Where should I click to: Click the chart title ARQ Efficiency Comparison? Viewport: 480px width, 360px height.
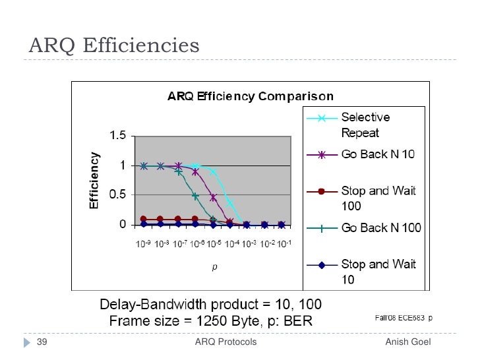click(249, 97)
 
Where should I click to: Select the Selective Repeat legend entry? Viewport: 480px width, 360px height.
click(365, 124)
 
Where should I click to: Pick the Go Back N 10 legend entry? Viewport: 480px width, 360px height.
click(377, 154)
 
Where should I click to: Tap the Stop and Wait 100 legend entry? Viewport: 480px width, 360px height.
click(378, 198)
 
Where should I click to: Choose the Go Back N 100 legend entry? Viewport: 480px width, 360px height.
click(380, 227)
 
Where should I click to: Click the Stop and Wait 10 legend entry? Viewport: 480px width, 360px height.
click(378, 271)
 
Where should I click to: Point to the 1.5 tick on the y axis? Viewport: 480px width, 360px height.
click(118, 136)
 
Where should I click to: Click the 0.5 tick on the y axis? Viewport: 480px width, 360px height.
click(118, 195)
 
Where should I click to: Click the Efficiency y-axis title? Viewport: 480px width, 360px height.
click(94, 181)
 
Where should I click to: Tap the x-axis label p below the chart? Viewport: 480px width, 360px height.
click(214, 268)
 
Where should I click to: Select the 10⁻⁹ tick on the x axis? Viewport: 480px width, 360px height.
click(144, 244)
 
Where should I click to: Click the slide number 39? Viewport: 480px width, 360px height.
click(42, 342)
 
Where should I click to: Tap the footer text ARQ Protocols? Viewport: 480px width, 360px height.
click(226, 342)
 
